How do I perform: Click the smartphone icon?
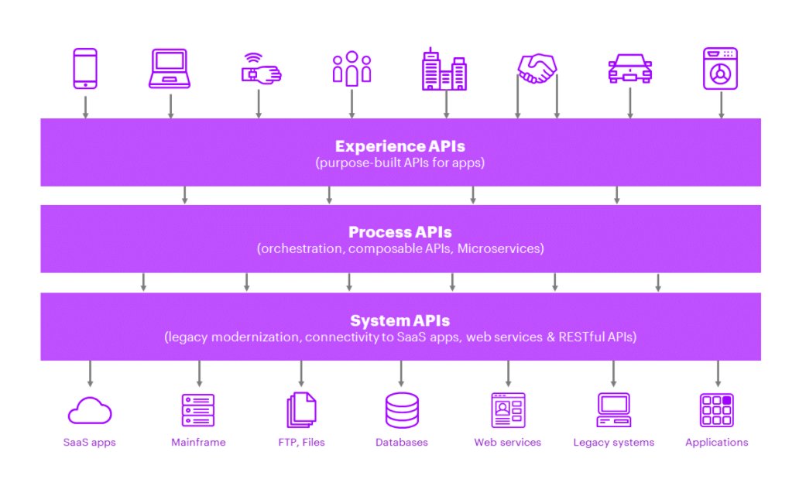tap(85, 69)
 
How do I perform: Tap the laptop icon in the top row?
tap(170, 70)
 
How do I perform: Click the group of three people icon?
tap(351, 68)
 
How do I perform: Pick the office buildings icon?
tap(444, 69)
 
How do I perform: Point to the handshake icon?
tap(537, 70)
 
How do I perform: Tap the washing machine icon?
tap(720, 69)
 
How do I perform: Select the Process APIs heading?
tap(399, 232)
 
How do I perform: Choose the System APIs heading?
tap(399, 320)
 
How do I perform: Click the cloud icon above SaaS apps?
tap(90, 411)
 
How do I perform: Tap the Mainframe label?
tap(199, 443)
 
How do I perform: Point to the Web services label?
tap(508, 443)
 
